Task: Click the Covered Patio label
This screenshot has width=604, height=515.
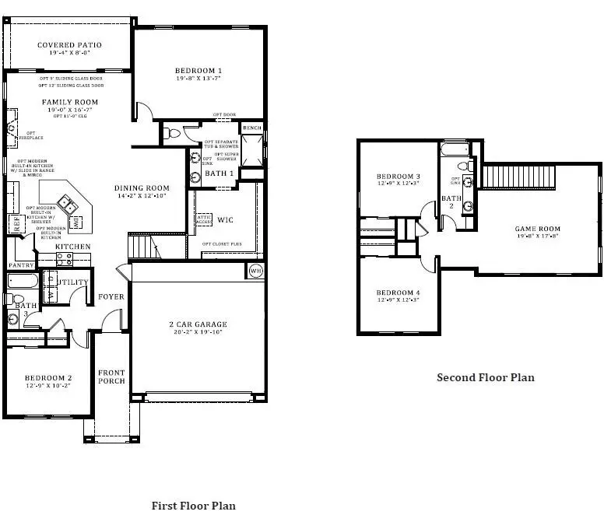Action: pos(69,45)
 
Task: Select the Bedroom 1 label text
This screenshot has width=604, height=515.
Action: pos(198,71)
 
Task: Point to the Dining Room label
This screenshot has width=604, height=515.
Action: pos(142,187)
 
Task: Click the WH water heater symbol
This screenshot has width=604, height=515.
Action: pos(255,271)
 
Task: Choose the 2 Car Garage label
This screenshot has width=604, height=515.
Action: pos(198,324)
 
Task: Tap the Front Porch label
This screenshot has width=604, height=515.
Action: pos(111,377)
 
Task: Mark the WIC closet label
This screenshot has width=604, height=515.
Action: pos(224,219)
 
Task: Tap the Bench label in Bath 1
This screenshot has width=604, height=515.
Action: pos(251,128)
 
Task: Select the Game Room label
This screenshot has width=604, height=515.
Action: pos(538,229)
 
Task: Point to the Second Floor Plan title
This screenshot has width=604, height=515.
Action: pos(485,377)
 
